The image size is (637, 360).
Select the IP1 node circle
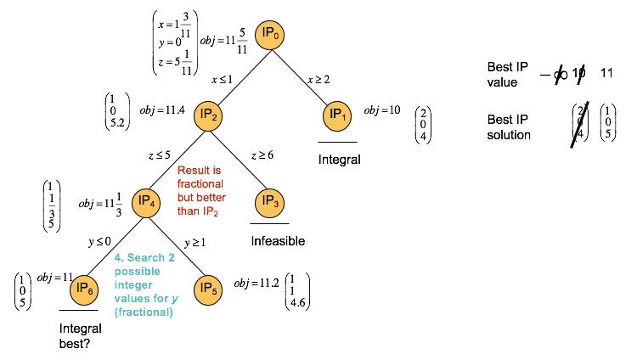tap(337, 115)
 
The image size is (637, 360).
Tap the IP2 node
tap(209, 115)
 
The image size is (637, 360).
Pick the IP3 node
tap(271, 202)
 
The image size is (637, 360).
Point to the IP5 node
tap(209, 289)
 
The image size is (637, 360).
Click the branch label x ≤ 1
tap(223, 80)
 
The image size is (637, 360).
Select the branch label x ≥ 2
tap(319, 80)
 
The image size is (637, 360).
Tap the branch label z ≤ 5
tap(160, 156)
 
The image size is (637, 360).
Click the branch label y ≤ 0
tap(100, 242)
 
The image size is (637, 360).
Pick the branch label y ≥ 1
tap(196, 242)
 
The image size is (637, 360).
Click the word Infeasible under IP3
tap(277, 241)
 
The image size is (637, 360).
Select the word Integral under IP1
tap(340, 159)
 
